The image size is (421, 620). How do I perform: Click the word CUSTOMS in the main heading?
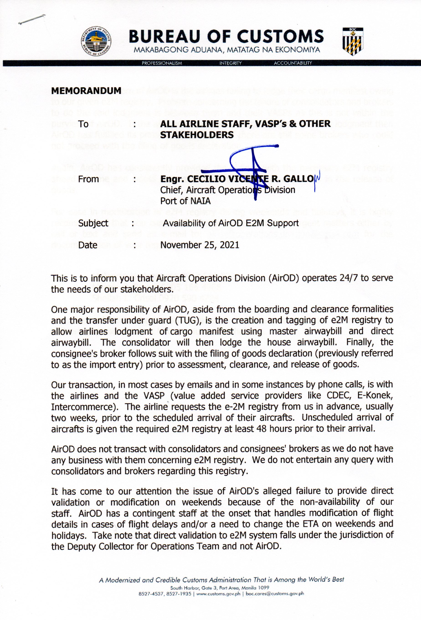pyautogui.click(x=280, y=36)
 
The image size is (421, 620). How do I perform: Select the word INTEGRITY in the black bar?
pyautogui.click(x=230, y=63)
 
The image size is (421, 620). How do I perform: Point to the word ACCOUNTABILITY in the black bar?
pyautogui.click(x=293, y=63)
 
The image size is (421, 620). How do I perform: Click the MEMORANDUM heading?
pyautogui.click(x=86, y=91)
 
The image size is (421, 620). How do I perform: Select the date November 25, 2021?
pyautogui.click(x=200, y=245)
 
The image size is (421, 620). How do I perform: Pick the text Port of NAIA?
pyautogui.click(x=185, y=201)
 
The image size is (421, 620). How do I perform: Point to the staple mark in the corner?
pyautogui.click(x=31, y=19)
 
